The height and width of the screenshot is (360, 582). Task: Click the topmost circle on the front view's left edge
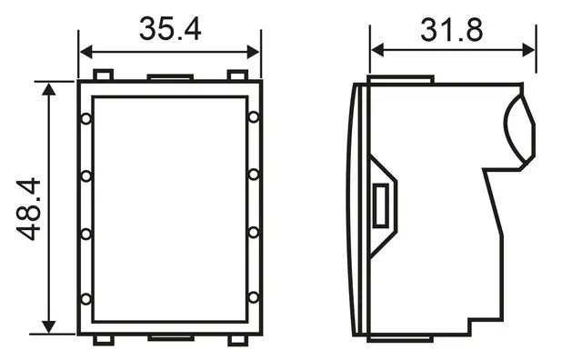[85, 118]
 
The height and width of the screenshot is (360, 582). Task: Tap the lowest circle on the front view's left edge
[85, 298]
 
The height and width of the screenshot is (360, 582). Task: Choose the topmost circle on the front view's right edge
[253, 117]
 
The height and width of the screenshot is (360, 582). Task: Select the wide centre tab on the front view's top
[169, 78]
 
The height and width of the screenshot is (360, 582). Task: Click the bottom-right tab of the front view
[237, 340]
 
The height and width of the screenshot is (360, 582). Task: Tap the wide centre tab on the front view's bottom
[169, 337]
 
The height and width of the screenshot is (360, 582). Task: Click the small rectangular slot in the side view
[384, 205]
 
